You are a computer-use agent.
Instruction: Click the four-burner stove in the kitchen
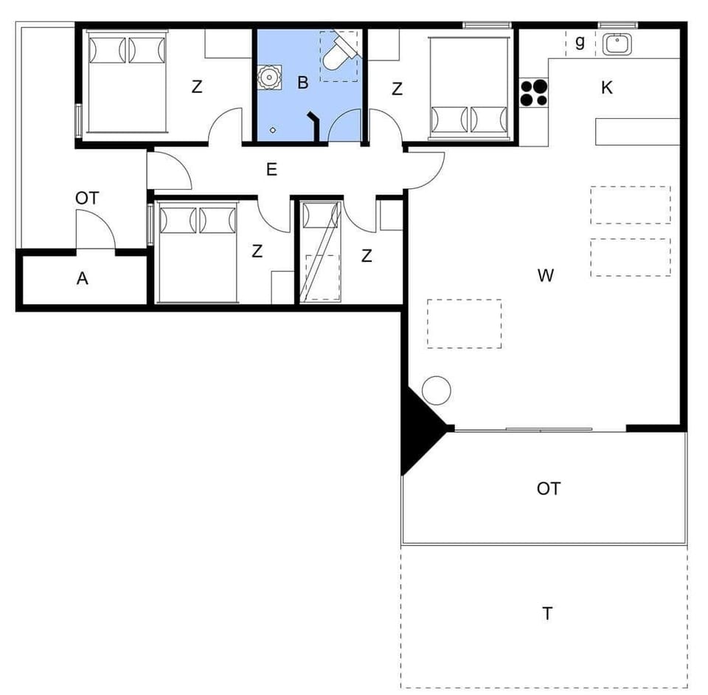click(x=534, y=93)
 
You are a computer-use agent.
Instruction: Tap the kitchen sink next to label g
click(x=617, y=44)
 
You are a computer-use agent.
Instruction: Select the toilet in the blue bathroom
click(x=339, y=52)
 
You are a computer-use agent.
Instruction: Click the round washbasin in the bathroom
click(x=271, y=76)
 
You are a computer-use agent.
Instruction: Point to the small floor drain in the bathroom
click(x=273, y=130)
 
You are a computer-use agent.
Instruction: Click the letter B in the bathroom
click(x=302, y=83)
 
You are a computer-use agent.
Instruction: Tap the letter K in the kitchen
click(x=607, y=88)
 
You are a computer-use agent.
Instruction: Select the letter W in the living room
click(x=546, y=276)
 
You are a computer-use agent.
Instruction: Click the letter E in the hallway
click(x=271, y=170)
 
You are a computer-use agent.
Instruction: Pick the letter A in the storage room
click(x=83, y=278)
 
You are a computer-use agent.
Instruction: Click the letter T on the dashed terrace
click(x=547, y=614)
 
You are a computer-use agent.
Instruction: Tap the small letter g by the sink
click(x=580, y=42)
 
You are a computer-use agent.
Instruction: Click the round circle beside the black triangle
click(x=436, y=390)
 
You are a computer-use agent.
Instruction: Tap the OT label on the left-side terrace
click(x=87, y=198)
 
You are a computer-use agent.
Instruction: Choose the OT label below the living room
click(x=548, y=488)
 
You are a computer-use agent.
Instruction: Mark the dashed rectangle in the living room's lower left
click(x=464, y=323)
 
